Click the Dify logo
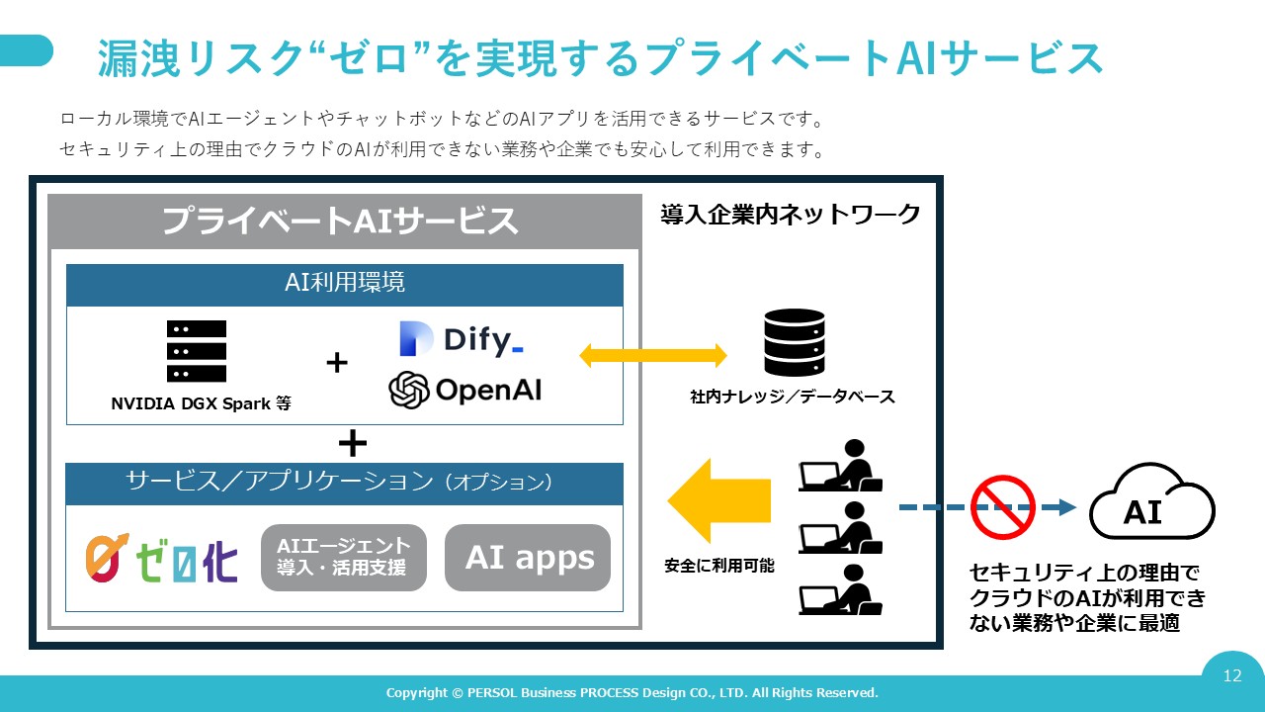pyautogui.click(x=462, y=339)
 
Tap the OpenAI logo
pyautogui.click(x=465, y=390)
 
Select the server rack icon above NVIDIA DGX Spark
pyautogui.click(x=197, y=351)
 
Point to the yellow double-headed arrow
pyautogui.click(x=652, y=356)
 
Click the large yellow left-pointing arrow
pyautogui.click(x=718, y=500)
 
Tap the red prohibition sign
pyautogui.click(x=1002, y=507)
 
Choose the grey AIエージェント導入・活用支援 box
pyautogui.click(x=344, y=558)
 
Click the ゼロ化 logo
pyautogui.click(x=161, y=558)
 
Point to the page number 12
pyautogui.click(x=1231, y=676)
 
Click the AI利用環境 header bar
pyautogui.click(x=344, y=284)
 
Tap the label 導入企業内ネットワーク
pyautogui.click(x=791, y=214)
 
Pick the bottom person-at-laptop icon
pyautogui.click(x=840, y=590)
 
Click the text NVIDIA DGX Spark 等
pyautogui.click(x=201, y=403)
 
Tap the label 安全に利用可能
pyautogui.click(x=719, y=567)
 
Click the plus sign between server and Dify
pyautogui.click(x=337, y=363)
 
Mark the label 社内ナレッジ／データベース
pyautogui.click(x=793, y=397)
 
